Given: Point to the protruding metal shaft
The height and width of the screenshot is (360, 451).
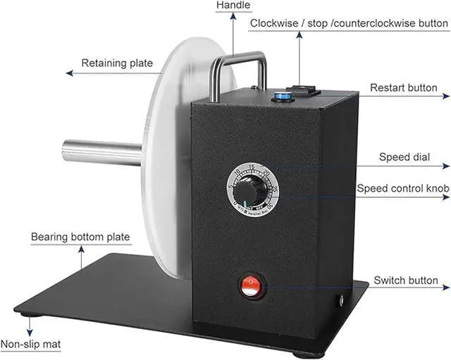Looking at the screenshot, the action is [x=102, y=150].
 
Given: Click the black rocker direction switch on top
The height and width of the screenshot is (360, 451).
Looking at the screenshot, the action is [x=307, y=91].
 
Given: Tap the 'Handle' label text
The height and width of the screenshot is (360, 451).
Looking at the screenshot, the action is [x=233, y=6].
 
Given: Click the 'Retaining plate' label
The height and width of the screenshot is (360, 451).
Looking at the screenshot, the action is [x=117, y=63].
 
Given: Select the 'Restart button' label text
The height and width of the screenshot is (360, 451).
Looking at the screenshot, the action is [x=403, y=89].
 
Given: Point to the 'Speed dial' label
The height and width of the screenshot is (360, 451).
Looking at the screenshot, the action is [x=404, y=157].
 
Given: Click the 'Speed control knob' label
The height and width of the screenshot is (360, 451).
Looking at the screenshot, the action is [x=403, y=189].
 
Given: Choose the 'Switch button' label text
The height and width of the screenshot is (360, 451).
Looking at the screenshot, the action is [x=406, y=280].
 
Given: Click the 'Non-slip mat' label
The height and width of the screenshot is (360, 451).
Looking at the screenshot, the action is [x=30, y=345].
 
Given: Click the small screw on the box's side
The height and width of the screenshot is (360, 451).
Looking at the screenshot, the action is [x=342, y=300].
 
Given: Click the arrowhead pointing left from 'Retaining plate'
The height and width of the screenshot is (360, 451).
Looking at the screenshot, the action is [x=68, y=73].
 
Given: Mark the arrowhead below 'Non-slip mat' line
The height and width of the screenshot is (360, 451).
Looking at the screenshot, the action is [x=30, y=332].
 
